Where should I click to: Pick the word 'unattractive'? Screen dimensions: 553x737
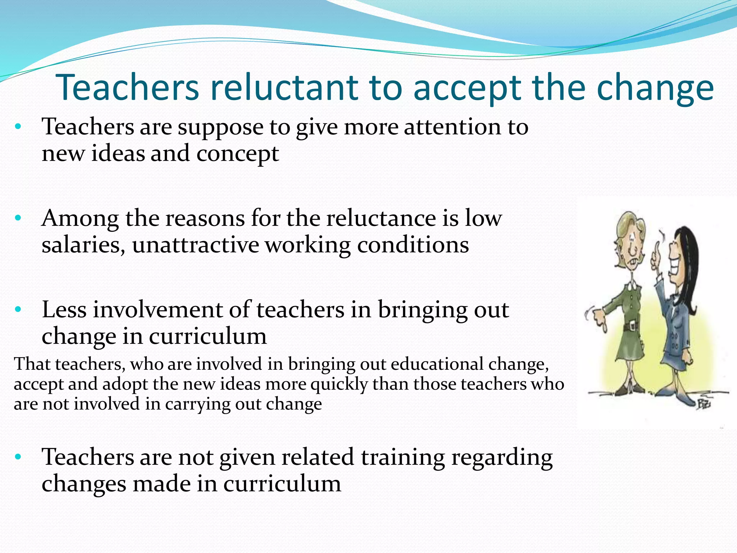pos(195,246)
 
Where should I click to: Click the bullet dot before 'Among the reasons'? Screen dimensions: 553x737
pos(18,218)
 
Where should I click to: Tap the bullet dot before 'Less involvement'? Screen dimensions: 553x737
pos(18,309)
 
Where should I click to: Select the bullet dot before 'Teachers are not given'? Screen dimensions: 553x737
pos(18,457)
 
